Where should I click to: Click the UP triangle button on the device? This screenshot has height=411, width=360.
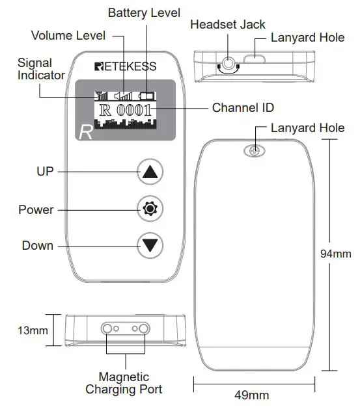pyautogui.click(x=150, y=172)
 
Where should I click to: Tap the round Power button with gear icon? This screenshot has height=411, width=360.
pyautogui.click(x=150, y=209)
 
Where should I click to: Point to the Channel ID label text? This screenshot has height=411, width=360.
pyautogui.click(x=243, y=107)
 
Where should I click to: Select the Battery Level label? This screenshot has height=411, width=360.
pyautogui.click(x=144, y=13)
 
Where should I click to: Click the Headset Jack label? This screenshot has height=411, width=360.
pyautogui.click(x=227, y=25)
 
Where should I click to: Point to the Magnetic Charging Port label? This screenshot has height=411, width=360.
pyautogui.click(x=124, y=383)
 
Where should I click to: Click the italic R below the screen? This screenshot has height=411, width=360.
pyautogui.click(x=85, y=133)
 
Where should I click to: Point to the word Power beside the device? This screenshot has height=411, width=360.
pyautogui.click(x=36, y=210)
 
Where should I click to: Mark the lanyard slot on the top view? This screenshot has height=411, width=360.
pyautogui.click(x=255, y=63)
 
